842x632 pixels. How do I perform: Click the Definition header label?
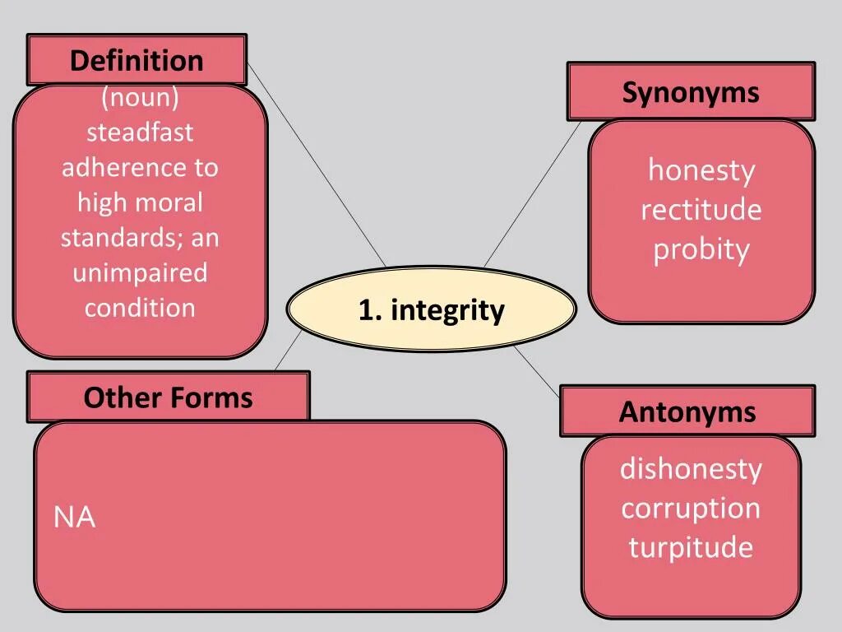[x=136, y=60]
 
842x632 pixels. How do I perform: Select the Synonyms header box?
[x=691, y=91]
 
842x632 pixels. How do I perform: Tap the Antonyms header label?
[x=687, y=411]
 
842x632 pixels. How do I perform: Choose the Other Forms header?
[x=168, y=397]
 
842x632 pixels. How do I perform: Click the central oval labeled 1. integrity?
[x=431, y=310]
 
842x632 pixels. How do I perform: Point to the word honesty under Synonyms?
[x=701, y=170]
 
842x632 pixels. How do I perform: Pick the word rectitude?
[x=701, y=210]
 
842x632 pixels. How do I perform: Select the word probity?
[x=701, y=249]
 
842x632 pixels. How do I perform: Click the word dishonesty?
[x=691, y=469]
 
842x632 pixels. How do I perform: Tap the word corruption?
[x=691, y=508]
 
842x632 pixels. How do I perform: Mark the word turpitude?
[x=691, y=547]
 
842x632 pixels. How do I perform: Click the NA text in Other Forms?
[x=75, y=518]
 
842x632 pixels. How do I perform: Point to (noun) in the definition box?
[x=141, y=97]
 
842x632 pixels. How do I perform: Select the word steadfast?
[x=141, y=132]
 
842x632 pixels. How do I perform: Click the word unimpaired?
[x=141, y=272]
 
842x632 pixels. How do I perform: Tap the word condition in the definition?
[x=141, y=308]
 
